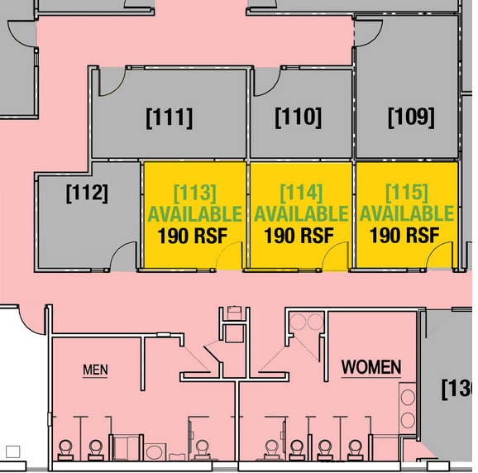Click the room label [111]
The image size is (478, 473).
[x=170, y=118]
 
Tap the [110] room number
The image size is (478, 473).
[x=299, y=117]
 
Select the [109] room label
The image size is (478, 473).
[x=411, y=117]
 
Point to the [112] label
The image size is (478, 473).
[x=87, y=193]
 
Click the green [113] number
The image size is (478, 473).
[x=195, y=193]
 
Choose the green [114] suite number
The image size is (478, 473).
[x=301, y=193]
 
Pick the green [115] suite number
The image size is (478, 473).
[x=407, y=193]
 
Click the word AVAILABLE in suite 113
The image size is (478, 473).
[x=195, y=214]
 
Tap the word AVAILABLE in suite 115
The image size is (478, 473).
[x=407, y=213]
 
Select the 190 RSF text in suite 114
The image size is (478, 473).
[x=299, y=236]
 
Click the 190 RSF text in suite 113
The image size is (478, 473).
[x=193, y=236]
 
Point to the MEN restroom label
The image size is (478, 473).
[x=95, y=370]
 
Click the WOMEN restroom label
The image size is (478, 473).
[x=371, y=367]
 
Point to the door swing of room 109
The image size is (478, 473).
[x=375, y=39]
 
